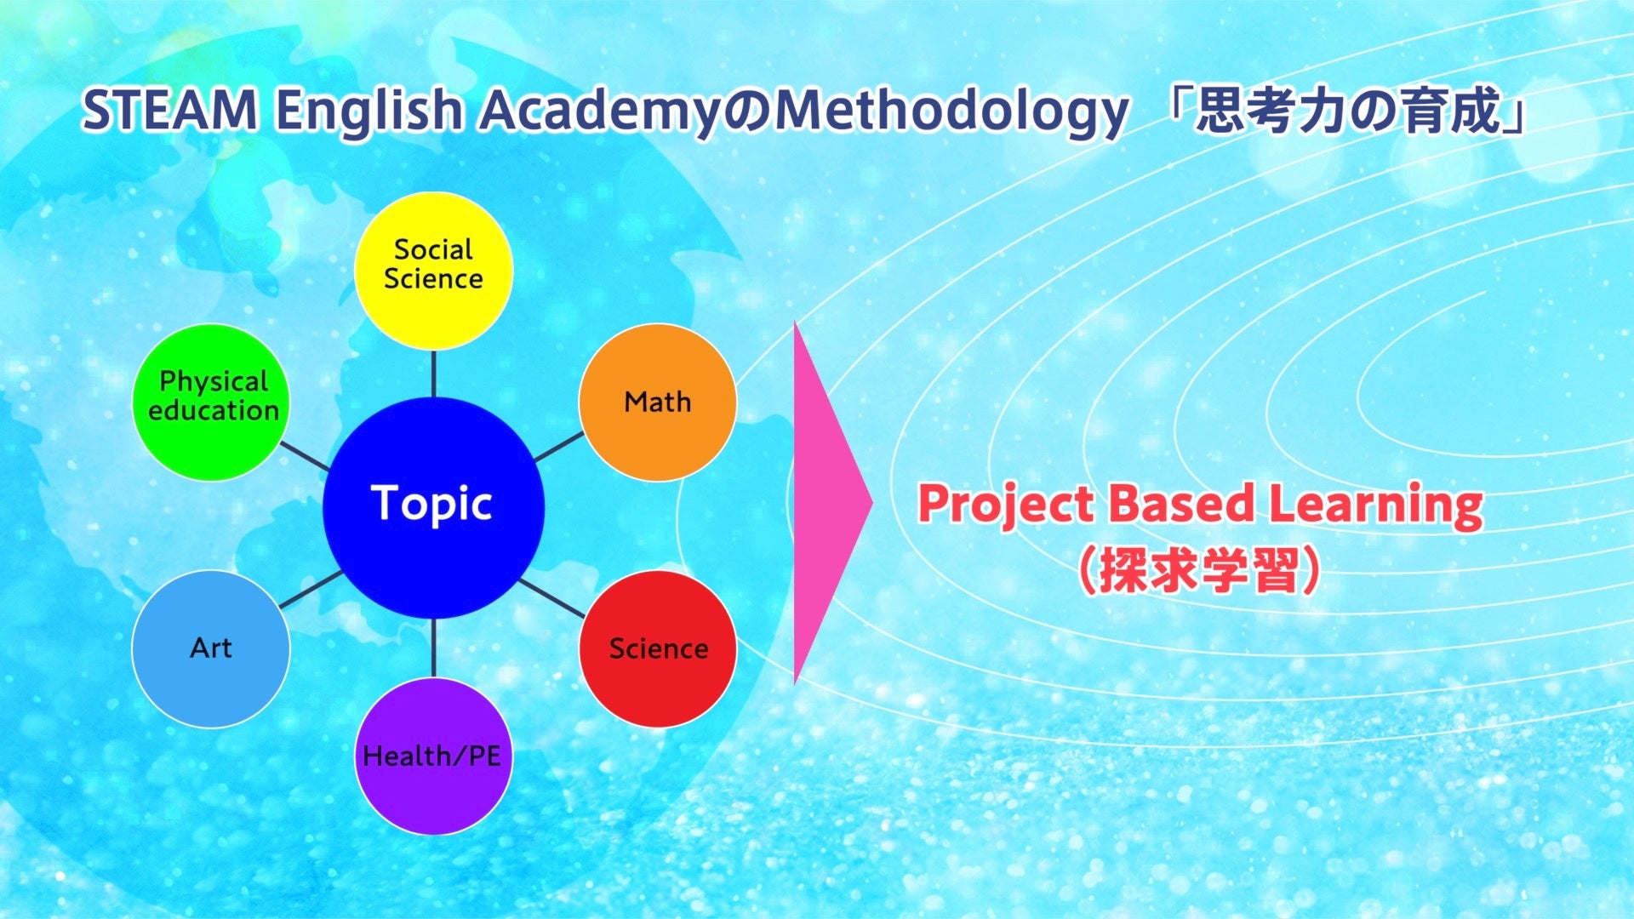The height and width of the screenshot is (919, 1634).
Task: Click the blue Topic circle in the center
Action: coord(433,507)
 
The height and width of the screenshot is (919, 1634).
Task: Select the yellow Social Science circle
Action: coord(433,271)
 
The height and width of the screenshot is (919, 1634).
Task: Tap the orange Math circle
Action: coord(658,402)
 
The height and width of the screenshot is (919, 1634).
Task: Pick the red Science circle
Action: coord(658,649)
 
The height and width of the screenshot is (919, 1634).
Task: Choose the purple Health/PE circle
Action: coord(433,756)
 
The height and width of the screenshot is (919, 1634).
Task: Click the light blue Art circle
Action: coord(211,649)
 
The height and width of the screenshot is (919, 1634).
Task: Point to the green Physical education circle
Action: coord(211,402)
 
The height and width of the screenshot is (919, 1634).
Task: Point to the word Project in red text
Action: coord(1006,505)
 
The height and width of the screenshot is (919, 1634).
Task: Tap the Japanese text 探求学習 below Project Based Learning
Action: coord(1199,569)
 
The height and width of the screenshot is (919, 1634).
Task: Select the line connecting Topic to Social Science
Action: coord(434,374)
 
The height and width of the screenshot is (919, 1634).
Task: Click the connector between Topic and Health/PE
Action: coord(434,648)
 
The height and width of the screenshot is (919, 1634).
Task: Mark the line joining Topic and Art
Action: coord(311,589)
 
